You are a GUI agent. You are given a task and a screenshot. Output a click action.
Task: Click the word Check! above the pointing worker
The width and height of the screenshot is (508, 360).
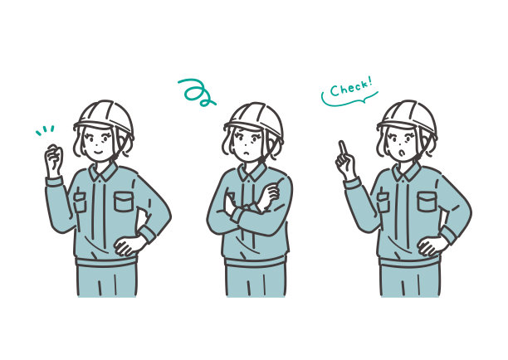click(x=350, y=87)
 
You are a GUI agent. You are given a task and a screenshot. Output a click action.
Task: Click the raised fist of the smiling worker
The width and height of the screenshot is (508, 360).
click(x=54, y=160)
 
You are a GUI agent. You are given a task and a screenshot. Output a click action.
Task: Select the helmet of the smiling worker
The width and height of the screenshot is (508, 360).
click(x=105, y=118)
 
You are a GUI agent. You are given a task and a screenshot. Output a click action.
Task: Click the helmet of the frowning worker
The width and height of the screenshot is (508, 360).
click(x=255, y=120)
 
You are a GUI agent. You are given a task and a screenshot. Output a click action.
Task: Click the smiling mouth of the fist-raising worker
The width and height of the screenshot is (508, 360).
click(x=99, y=151)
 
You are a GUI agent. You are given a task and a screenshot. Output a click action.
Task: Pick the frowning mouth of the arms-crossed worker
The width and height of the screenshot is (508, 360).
click(x=247, y=153)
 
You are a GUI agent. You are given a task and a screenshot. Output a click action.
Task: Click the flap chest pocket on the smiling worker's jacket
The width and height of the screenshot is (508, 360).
click(x=124, y=202)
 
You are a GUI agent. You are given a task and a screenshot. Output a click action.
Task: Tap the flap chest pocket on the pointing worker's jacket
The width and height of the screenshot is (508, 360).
click(x=427, y=202)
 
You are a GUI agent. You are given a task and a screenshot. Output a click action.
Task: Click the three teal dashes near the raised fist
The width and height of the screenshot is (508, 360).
click(x=45, y=130)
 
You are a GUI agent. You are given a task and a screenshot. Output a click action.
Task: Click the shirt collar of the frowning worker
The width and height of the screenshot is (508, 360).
click(x=252, y=172)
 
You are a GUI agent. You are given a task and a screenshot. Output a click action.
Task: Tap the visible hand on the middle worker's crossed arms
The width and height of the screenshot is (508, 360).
click(x=268, y=197)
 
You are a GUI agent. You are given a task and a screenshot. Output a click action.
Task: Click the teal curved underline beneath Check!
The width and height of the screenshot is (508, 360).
click(x=349, y=100)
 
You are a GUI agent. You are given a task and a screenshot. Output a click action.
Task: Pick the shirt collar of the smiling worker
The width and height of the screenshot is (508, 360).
click(x=103, y=171)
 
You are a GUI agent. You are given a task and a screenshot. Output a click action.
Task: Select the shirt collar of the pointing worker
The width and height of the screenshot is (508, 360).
click(x=406, y=171)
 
